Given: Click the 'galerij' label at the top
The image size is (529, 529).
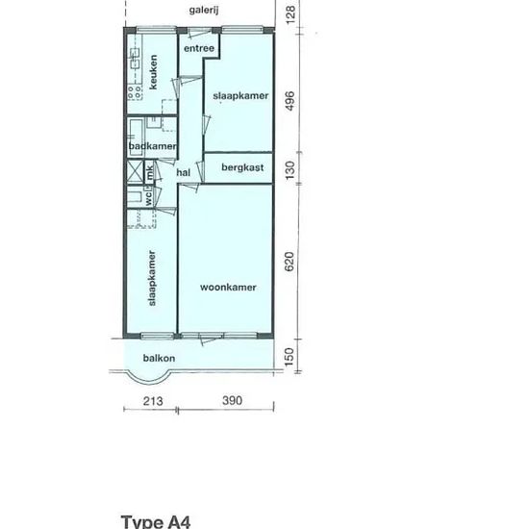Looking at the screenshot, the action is (x=204, y=11).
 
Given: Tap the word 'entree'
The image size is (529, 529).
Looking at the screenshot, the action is (x=199, y=49).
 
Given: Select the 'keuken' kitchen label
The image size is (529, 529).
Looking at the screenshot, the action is (x=153, y=72).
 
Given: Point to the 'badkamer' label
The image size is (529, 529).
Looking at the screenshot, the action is (x=153, y=146).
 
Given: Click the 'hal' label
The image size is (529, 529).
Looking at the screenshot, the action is (x=183, y=173).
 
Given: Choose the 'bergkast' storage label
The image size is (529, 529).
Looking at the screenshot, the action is (x=242, y=167).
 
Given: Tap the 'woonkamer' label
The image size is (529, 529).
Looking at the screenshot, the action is (x=228, y=288).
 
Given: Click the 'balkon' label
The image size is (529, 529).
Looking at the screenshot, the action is (x=159, y=358).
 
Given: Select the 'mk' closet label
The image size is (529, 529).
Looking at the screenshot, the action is (x=149, y=172).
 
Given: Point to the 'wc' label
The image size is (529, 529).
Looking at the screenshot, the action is (x=148, y=199).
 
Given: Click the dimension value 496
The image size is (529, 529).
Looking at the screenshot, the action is (x=290, y=101).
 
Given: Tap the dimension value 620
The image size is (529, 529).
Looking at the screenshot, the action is (x=290, y=262).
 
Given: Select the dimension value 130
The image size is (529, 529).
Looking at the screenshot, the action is (x=290, y=170).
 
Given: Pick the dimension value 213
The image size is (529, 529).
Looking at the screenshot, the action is (x=153, y=401).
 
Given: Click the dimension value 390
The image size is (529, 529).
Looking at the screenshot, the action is (x=233, y=401).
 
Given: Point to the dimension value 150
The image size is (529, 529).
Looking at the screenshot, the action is (x=290, y=358).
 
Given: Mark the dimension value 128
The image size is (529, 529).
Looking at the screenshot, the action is (x=290, y=14).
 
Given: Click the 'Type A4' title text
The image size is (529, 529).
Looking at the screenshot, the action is (x=156, y=522).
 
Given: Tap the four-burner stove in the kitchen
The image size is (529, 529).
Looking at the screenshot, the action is (x=135, y=92).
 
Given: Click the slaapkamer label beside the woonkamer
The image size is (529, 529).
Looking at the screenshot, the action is (x=152, y=278).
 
